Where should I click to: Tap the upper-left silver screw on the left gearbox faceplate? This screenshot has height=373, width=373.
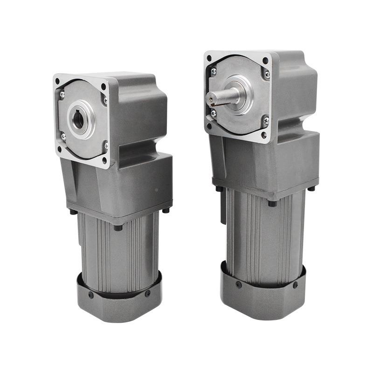tap(62, 95)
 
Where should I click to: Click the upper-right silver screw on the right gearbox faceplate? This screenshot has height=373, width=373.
tap(266, 73)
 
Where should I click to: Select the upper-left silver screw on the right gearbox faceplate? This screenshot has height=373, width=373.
tap(214, 71)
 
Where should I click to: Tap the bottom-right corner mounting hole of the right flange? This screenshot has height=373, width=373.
tap(264, 135)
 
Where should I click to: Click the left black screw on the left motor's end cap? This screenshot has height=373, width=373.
tap(91, 295)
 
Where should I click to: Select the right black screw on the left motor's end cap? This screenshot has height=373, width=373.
tap(148, 294)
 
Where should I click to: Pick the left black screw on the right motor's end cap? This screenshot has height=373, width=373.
tap(238, 284)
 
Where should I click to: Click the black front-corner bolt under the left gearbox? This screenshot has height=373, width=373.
tap(118, 227)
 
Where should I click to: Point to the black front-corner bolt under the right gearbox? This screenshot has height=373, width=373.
tap(272, 203)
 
